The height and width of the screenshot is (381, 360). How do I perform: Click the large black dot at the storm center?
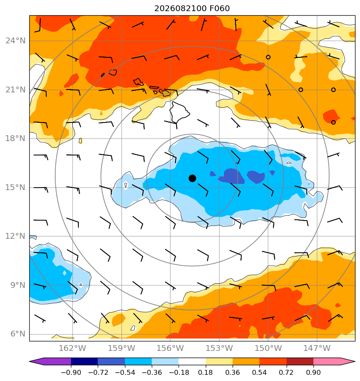tap(192, 179)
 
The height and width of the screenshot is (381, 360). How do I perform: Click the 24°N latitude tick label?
tap(15, 40)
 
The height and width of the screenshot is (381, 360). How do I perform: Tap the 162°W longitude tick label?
tap(73, 348)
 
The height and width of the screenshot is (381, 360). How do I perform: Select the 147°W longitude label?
tap(317, 348)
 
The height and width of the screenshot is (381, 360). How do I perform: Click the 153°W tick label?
tap(219, 348)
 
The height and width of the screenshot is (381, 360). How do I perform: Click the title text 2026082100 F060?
tap(192, 9)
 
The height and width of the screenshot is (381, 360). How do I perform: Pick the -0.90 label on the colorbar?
tap(71, 372)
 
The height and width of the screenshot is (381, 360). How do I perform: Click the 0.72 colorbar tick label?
tap(287, 372)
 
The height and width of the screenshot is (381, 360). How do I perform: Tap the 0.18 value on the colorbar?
tap(206, 372)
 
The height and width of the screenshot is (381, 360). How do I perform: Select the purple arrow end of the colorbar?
tap(50, 361)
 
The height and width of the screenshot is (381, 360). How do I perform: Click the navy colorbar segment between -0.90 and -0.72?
tap(85, 361)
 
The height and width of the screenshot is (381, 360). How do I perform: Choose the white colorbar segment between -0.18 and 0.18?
tap(192, 361)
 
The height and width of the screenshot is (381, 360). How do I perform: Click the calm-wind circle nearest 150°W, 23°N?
tap(268, 57)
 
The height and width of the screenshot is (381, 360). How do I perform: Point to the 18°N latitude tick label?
tap(15, 139)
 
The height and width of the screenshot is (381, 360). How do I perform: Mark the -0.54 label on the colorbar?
tap(125, 372)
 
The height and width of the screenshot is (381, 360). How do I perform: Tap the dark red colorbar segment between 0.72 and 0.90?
tap(300, 361)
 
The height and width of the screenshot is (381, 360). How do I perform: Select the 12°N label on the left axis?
tap(15, 236)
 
